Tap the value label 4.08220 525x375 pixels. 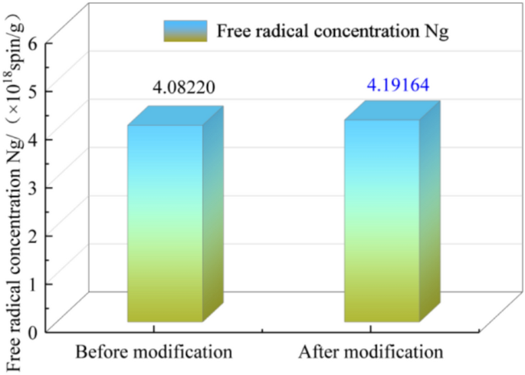(x=183, y=87)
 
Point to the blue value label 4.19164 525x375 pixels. (x=397, y=84)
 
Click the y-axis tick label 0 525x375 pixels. (x=33, y=331)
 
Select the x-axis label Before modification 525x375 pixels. (x=153, y=353)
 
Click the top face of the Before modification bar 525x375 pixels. (x=176, y=116)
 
